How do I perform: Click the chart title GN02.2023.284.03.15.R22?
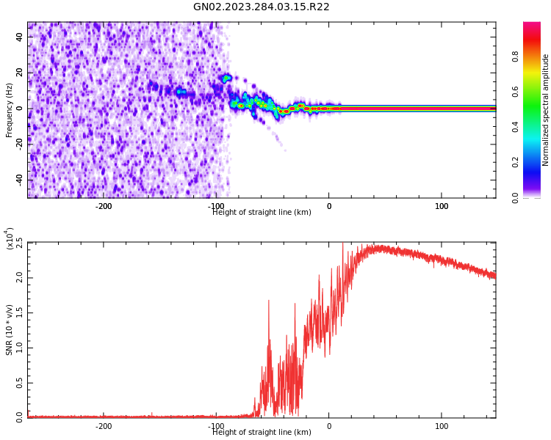pyautogui.click(x=262, y=7)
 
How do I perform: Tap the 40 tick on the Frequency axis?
pyautogui.click(x=19, y=37)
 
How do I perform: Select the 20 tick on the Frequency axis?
pyautogui.click(x=19, y=73)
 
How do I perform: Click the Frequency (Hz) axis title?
pyautogui.click(x=9, y=110)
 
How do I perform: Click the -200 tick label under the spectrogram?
pyautogui.click(x=104, y=206)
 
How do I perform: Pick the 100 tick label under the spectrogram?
pyautogui.click(x=442, y=206)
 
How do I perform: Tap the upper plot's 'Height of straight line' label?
pyautogui.click(x=262, y=213)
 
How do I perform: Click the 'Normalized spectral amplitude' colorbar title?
pyautogui.click(x=546, y=110)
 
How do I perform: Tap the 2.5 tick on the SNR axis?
pyautogui.click(x=19, y=243)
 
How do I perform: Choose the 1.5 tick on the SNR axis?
pyautogui.click(x=19, y=312)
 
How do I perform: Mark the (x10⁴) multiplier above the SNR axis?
pyautogui.click(x=10, y=238)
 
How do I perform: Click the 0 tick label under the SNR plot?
pyautogui.click(x=328, y=426)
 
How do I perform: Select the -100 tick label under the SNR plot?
pyautogui.click(x=216, y=426)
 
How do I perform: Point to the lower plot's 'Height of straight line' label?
pyautogui.click(x=262, y=433)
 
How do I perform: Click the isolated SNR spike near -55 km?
pyautogui.click(x=268, y=301)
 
